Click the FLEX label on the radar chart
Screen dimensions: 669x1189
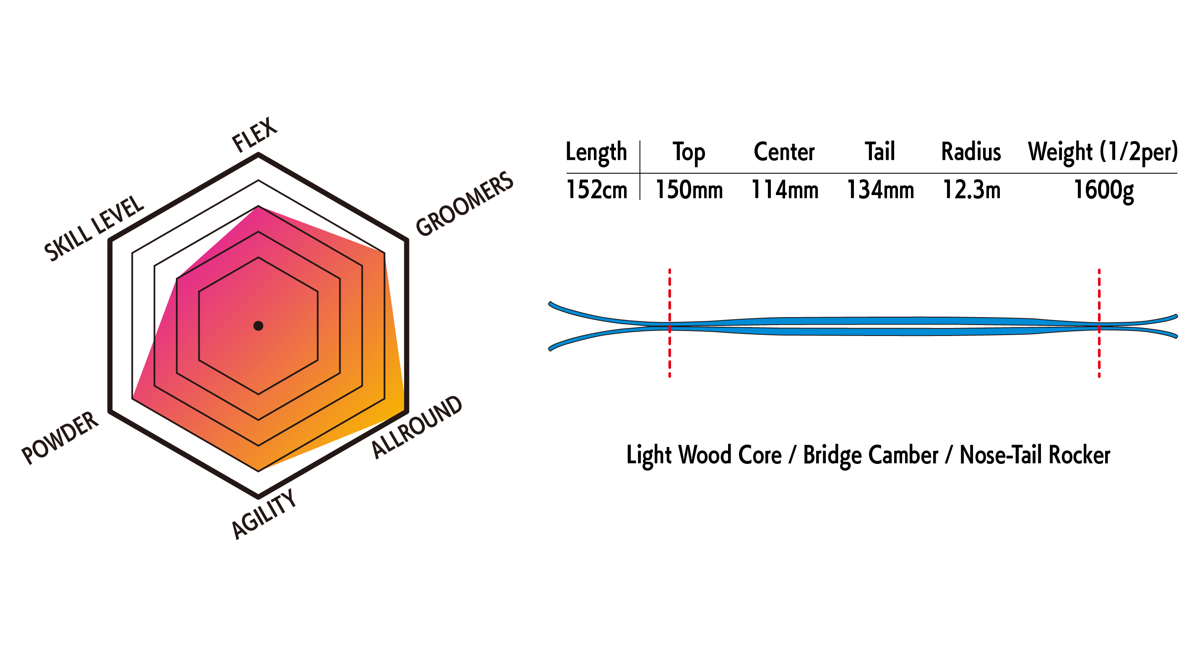[x=254, y=134]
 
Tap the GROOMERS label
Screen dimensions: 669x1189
[x=464, y=203]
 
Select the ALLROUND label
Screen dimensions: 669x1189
[x=416, y=427]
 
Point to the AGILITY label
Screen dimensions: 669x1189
[x=263, y=514]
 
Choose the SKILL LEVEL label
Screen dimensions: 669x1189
[x=94, y=228]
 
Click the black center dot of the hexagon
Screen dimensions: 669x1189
[x=258, y=326]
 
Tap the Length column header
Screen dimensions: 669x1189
[x=596, y=153]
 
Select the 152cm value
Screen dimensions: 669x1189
[x=596, y=190]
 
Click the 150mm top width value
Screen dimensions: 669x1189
[x=689, y=190]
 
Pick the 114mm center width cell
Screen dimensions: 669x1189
[x=785, y=190]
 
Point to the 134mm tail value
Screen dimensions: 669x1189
[x=880, y=190]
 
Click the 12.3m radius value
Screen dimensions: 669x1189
[x=972, y=190]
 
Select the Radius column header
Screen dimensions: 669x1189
[x=971, y=152]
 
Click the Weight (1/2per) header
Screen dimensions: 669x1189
[x=1103, y=153]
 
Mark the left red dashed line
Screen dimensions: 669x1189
[x=670, y=323]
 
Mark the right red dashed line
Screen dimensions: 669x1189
[x=1099, y=323]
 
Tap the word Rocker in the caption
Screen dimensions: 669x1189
[x=1079, y=455]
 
